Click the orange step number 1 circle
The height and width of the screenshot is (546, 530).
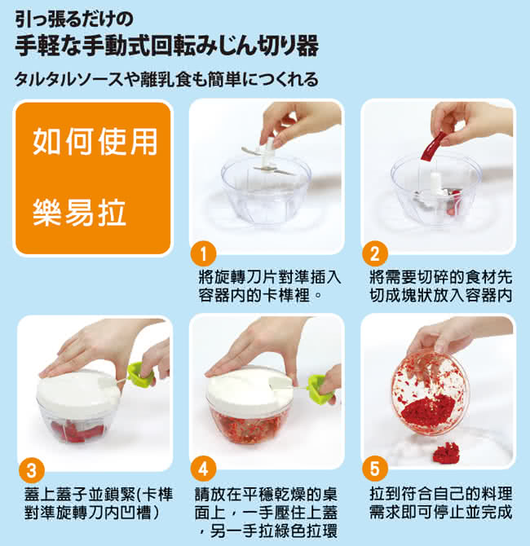click(x=204, y=253)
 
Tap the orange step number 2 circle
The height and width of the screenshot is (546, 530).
click(x=374, y=253)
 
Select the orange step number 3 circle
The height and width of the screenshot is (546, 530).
click(x=32, y=471)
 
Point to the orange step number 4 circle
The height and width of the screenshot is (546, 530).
click(x=204, y=469)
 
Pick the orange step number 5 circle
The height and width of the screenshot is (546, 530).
click(x=374, y=469)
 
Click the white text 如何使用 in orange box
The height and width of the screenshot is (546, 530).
click(x=95, y=142)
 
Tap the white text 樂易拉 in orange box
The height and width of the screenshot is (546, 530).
click(x=79, y=213)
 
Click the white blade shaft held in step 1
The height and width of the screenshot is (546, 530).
click(x=269, y=153)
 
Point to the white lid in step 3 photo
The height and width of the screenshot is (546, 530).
click(x=77, y=390)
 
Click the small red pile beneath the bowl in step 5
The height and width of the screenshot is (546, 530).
click(x=445, y=452)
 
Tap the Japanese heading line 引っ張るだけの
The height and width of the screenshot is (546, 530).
click(x=74, y=20)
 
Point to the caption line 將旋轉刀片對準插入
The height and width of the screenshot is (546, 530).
click(x=269, y=278)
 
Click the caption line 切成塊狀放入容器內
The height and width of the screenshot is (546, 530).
click(x=441, y=296)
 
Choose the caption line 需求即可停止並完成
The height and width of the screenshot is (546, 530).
click(x=441, y=512)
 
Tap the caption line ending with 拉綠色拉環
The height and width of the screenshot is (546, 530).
click(x=269, y=531)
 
